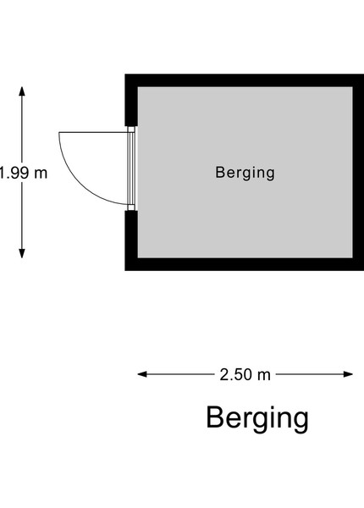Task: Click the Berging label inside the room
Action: (245, 173)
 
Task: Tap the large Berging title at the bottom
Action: (257, 418)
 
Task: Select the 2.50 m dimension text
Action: (245, 375)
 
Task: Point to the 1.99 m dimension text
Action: (24, 173)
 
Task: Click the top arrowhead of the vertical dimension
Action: (22, 91)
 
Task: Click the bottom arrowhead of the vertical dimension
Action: (22, 253)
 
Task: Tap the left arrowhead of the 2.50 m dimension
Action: (142, 374)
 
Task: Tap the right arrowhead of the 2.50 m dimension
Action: (348, 374)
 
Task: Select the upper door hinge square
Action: (131, 130)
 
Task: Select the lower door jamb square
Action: (131, 207)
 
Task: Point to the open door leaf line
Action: (93, 132)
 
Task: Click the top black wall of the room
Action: (245, 80)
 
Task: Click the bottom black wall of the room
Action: (245, 264)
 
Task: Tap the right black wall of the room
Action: (358, 173)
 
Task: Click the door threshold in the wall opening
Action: (131, 168)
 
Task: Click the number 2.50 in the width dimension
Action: (236, 375)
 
